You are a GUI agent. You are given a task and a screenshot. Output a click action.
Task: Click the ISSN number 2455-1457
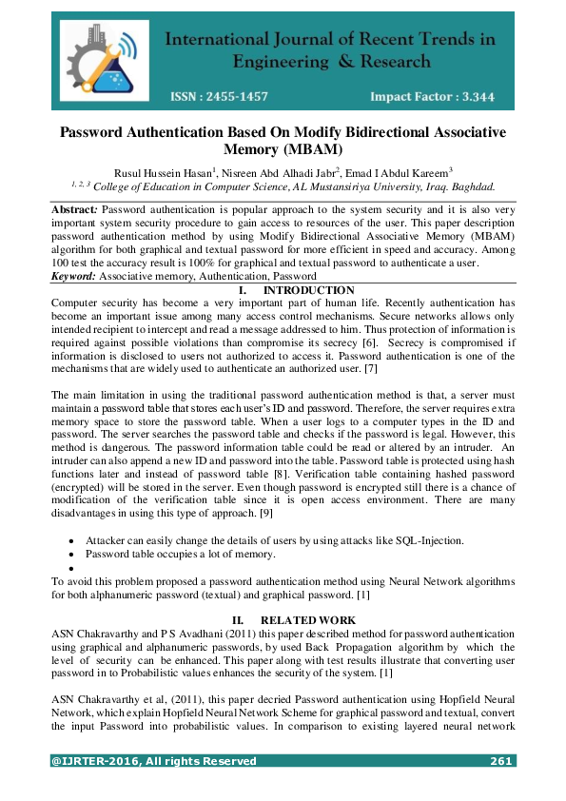coord(234,97)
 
